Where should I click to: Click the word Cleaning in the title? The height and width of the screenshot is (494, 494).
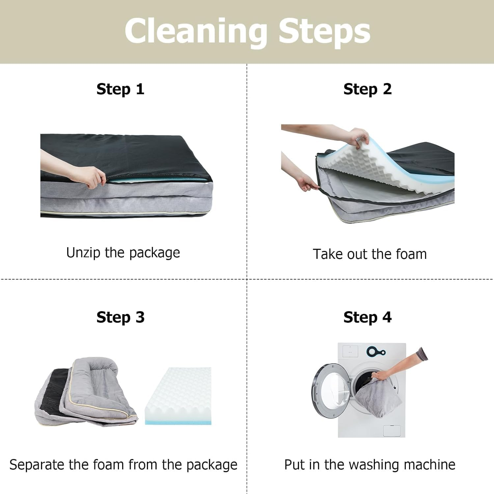(x=196, y=32)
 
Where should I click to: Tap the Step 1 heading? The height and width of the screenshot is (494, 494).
(x=121, y=90)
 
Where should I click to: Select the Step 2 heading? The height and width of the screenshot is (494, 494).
(x=368, y=90)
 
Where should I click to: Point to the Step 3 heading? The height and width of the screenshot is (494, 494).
(x=121, y=318)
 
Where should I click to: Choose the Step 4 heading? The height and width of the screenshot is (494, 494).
(x=368, y=318)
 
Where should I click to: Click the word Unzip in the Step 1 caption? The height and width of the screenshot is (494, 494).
(x=83, y=253)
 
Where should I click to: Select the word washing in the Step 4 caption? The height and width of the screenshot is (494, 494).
(x=374, y=465)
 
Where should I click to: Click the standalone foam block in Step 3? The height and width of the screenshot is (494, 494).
(x=178, y=396)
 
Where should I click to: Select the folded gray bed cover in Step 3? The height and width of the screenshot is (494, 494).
(x=86, y=392)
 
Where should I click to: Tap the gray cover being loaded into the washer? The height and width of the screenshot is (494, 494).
(x=378, y=398)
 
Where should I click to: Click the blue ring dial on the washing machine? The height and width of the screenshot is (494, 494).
(x=372, y=352)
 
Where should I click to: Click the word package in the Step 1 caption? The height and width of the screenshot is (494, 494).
(x=154, y=253)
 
